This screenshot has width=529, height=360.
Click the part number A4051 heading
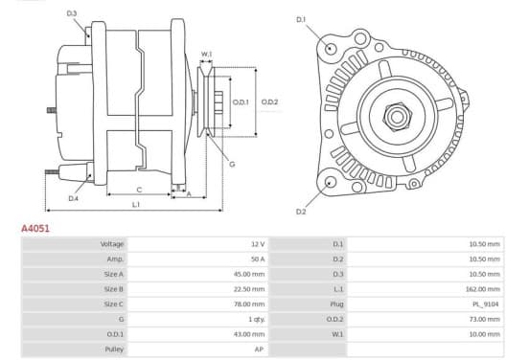click(x=35, y=229)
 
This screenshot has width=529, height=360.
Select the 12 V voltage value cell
click(x=258, y=244)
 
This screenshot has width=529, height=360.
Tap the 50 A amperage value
click(x=258, y=259)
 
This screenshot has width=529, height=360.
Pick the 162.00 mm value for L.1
click(x=484, y=289)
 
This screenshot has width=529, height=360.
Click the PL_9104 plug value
click(x=485, y=304)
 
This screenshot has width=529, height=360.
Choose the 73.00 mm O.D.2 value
click(x=486, y=319)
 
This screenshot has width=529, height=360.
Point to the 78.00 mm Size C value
click(x=249, y=304)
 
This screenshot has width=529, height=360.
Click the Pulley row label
click(x=114, y=349)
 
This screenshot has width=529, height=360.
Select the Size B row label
click(x=114, y=289)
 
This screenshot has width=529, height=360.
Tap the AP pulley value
click(x=259, y=349)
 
